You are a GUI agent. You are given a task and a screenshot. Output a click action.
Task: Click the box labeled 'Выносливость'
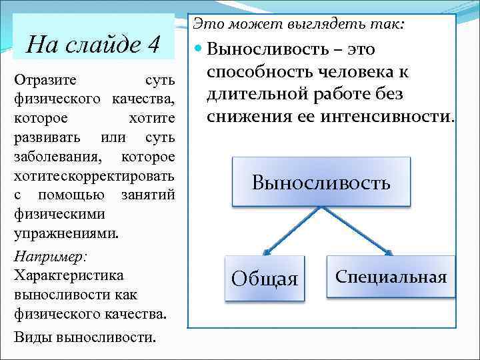coord(321,182)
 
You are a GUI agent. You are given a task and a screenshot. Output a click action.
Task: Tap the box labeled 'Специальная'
coord(391,277)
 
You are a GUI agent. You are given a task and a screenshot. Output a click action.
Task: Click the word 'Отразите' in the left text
coord(45,80)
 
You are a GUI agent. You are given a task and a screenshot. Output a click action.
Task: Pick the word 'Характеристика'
coord(68,275)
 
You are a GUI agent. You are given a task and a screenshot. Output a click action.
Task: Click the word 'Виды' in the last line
coord(32,336)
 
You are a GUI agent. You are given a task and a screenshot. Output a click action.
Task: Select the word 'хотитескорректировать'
coord(94,176)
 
